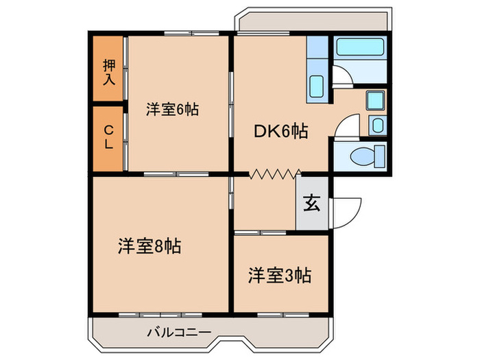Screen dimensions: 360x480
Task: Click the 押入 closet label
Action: pos(109,72)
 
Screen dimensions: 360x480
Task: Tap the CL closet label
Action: pos(109,136)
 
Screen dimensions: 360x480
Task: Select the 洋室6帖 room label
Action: pos(172,109)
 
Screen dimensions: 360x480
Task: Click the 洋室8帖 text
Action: pos(149,246)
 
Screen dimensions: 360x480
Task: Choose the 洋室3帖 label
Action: pos(280,275)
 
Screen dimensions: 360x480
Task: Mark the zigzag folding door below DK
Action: pos(276,174)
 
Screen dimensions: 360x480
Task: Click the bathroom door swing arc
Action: pos(344,75)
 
